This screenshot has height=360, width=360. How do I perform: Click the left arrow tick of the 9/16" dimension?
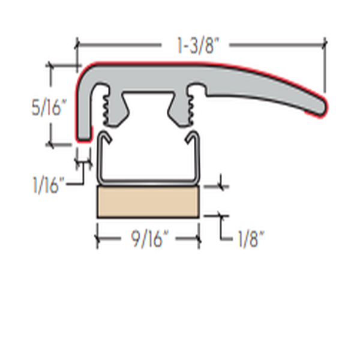tap(97, 239)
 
